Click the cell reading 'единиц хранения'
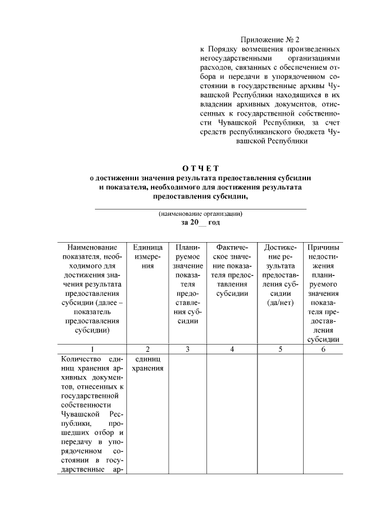[148, 363]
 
